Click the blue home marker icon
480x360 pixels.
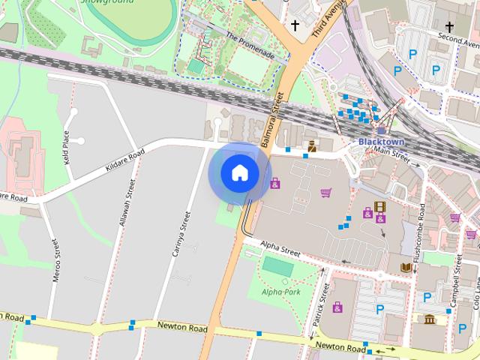click(239, 173)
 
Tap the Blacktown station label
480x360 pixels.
click(381, 141)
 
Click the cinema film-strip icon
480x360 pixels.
click(379, 207)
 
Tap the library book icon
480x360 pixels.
click(406, 267)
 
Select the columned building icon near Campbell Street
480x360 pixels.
click(430, 320)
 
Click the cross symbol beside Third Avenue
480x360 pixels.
click(295, 26)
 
